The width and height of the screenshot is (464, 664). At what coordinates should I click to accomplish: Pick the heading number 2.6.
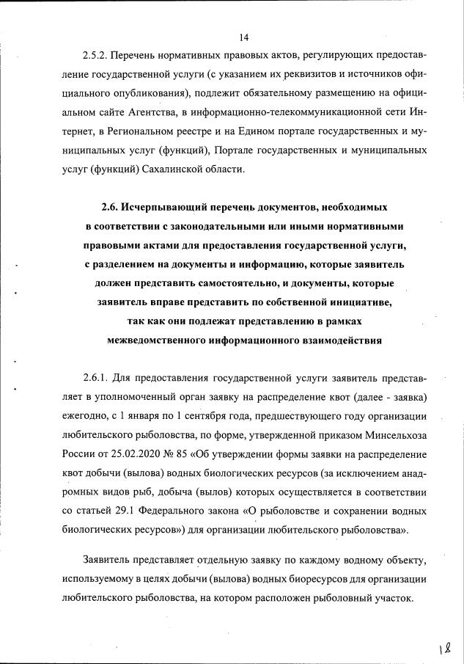[x=109, y=207]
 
